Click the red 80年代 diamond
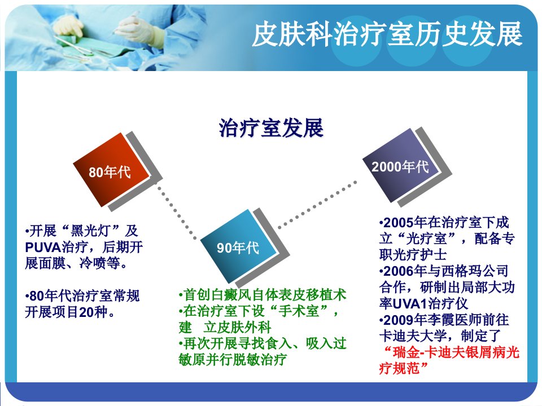pos(111,170)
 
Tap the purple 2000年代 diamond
pos(401,165)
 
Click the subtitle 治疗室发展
pos(272,128)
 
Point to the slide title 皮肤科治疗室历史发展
pos(387,34)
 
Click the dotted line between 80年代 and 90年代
pos(177,213)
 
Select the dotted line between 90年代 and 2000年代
pos(317,204)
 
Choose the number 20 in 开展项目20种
pos(86,312)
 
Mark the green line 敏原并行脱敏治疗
pos(233,359)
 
